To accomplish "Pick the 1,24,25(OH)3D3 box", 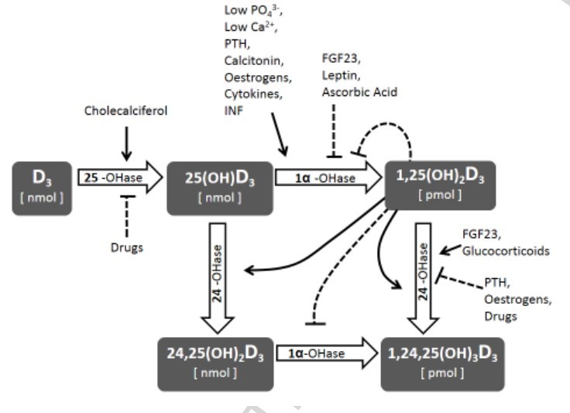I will coord(441,362).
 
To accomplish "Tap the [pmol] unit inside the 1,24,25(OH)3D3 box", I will coord(441,373).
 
